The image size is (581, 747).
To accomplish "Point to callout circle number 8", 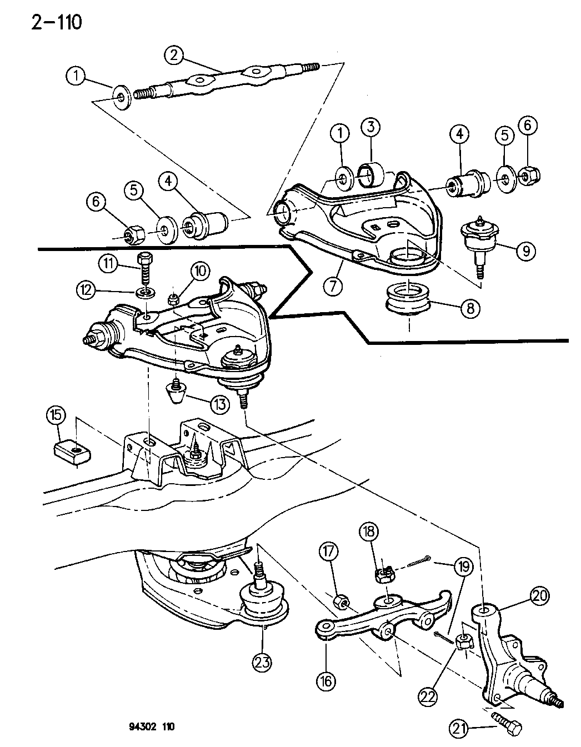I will (x=470, y=308).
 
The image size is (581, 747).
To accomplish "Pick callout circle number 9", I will (x=525, y=251).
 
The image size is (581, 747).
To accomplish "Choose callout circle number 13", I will (x=219, y=404).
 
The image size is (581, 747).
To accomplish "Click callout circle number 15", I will (x=57, y=416).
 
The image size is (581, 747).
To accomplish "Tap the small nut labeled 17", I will (x=342, y=601).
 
